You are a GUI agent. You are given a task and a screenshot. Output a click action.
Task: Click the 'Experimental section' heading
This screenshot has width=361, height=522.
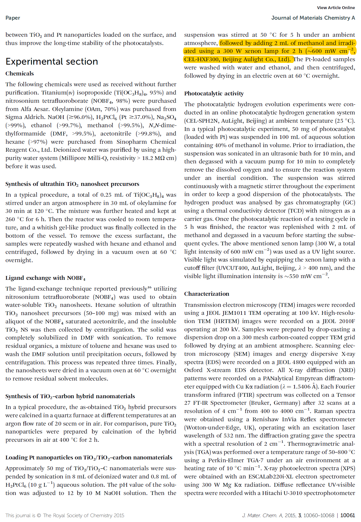[x=52, y=61]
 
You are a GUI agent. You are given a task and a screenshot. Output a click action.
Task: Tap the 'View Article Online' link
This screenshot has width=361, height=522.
[x=336, y=8]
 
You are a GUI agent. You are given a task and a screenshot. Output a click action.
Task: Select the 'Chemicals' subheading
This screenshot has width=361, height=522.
[x=19, y=73]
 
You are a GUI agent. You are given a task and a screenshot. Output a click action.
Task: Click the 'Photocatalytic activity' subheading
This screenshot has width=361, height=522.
[x=214, y=93]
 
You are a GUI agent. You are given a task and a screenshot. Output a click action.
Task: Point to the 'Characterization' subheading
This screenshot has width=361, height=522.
[x=206, y=294]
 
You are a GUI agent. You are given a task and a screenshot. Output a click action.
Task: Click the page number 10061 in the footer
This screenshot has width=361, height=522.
[x=348, y=515]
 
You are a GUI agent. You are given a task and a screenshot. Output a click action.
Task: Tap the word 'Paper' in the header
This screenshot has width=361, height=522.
[x=13, y=18]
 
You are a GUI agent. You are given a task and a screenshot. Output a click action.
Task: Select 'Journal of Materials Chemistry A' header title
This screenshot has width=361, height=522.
[x=313, y=18]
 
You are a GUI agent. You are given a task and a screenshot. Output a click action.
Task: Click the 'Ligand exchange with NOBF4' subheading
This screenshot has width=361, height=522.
[x=45, y=278]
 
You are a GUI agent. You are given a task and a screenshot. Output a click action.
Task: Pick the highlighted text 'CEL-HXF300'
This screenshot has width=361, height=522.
[x=202, y=59]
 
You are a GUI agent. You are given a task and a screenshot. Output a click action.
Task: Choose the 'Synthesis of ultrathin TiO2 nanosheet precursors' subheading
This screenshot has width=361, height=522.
[x=72, y=184]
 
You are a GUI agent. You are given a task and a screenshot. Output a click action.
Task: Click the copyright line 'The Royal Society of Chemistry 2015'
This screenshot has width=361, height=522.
[x=83, y=515]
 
